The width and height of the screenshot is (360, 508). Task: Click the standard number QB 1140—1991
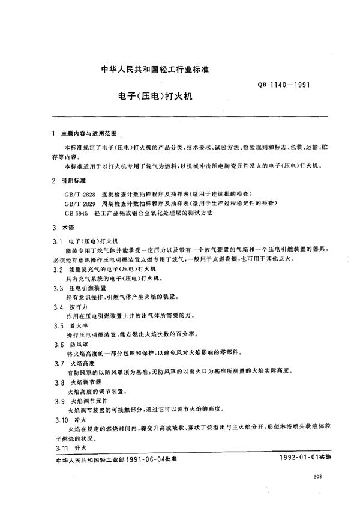tap(282, 85)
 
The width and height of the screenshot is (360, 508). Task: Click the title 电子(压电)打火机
tap(150, 95)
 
